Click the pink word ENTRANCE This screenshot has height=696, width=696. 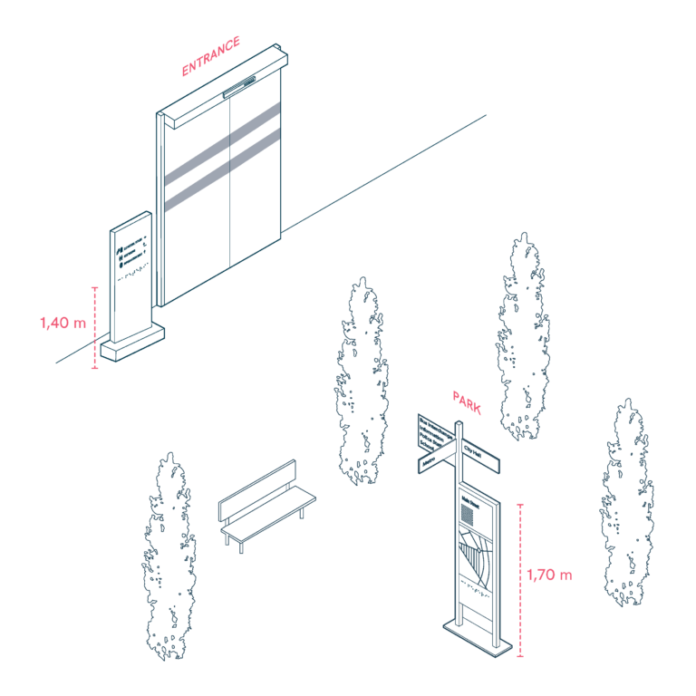211,56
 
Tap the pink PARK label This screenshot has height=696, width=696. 466,402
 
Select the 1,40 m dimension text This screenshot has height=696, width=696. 63,322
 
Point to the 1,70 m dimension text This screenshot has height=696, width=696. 550,575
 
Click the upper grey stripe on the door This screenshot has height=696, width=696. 222,141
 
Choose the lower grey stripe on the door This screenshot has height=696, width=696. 222,165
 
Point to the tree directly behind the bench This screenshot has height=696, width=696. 362,381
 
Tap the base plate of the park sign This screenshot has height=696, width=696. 478,634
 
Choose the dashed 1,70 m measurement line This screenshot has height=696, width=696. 519,580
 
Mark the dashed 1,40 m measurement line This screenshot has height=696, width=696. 95,328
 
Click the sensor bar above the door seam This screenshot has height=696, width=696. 240,88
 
